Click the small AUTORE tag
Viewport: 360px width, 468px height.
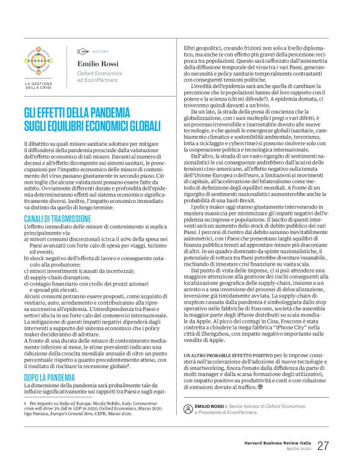(x=99, y=52)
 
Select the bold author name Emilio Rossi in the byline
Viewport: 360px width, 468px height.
(x=98, y=63)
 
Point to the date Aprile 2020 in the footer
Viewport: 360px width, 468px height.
(x=296, y=451)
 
